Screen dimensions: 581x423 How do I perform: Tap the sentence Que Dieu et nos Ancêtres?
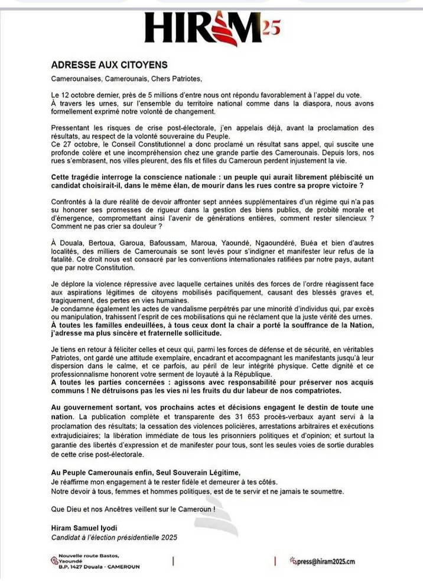pyautogui.click(x=129, y=508)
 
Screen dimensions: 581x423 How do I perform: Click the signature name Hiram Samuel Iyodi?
pyautogui.click(x=86, y=528)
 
